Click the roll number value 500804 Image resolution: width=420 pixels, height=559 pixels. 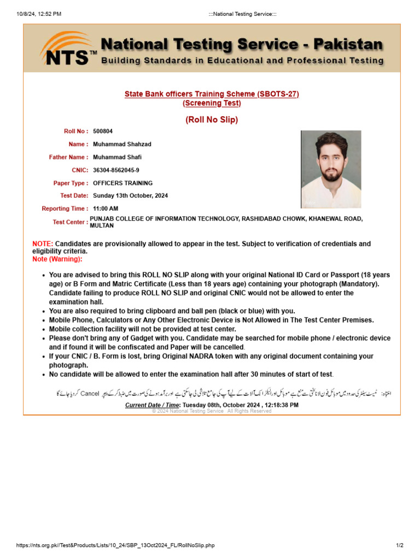(103, 131)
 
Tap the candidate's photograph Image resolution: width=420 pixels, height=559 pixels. (331, 169)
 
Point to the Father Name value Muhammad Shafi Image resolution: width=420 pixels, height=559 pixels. (117, 157)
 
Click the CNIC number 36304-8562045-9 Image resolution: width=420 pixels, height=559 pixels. (116, 170)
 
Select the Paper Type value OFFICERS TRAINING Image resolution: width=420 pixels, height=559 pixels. (122, 183)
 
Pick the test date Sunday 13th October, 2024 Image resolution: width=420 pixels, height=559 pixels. (130, 195)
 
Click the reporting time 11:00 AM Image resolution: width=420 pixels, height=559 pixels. (106, 209)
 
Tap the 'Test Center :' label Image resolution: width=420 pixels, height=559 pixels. (70, 222)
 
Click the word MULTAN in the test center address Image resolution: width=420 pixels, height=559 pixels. (102, 225)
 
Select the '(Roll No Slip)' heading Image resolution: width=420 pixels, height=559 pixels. (212, 120)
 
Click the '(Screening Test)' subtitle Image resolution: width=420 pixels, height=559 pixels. (212, 103)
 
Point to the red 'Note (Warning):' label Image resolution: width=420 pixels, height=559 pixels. (57, 259)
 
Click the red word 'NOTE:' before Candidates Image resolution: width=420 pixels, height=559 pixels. (43, 244)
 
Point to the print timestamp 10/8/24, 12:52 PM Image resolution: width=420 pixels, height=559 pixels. (39, 14)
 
